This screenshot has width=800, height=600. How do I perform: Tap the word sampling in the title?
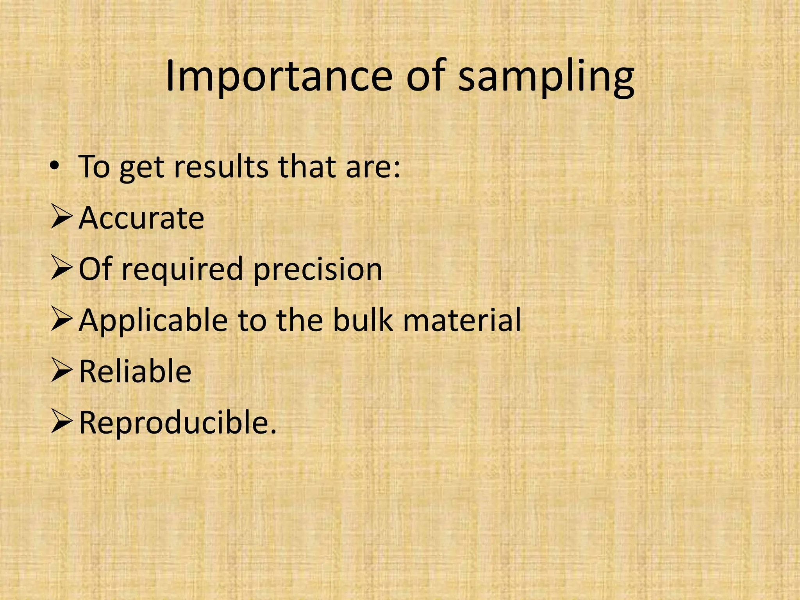pyautogui.click(x=546, y=78)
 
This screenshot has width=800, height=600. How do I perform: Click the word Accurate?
pyautogui.click(x=141, y=218)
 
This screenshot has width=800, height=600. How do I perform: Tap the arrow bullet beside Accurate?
pyautogui.click(x=61, y=218)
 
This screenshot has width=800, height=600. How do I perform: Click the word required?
pyautogui.click(x=182, y=270)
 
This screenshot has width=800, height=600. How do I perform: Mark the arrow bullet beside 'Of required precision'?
pyautogui.click(x=61, y=270)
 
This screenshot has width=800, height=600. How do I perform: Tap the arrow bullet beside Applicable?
pyautogui.click(x=61, y=320)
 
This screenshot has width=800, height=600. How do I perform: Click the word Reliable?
pyautogui.click(x=135, y=371)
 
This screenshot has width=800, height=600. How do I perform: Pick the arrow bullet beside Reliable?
pyautogui.click(x=61, y=371)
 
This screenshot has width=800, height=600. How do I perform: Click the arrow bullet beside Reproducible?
pyautogui.click(x=61, y=423)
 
